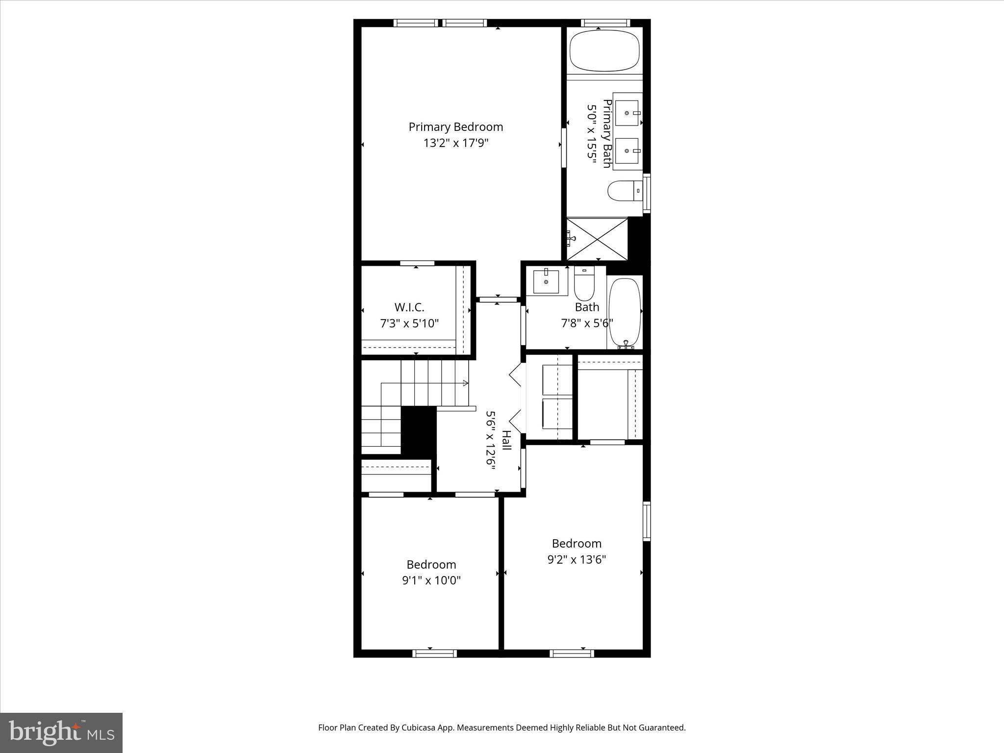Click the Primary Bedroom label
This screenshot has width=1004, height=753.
(455, 127)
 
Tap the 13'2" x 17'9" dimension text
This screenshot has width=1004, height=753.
(456, 143)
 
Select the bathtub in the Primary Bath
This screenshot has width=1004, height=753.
(605, 51)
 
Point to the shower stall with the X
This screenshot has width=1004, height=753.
(597, 239)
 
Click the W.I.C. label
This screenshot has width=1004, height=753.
(409, 307)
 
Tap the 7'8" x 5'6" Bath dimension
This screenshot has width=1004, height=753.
(587, 323)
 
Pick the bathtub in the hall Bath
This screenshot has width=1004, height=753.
(625, 312)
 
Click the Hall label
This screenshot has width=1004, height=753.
(506, 440)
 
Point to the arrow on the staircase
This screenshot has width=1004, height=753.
(463, 383)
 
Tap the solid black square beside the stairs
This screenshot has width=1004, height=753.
(419, 431)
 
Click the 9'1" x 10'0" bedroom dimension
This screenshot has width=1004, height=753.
(431, 580)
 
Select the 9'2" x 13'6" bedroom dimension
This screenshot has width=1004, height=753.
(577, 559)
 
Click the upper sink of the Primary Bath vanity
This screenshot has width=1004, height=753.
(627, 113)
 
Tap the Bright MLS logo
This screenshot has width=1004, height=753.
(61, 732)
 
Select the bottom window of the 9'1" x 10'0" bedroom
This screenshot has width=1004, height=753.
(434, 653)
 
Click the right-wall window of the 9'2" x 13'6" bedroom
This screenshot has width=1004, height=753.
(646, 521)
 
